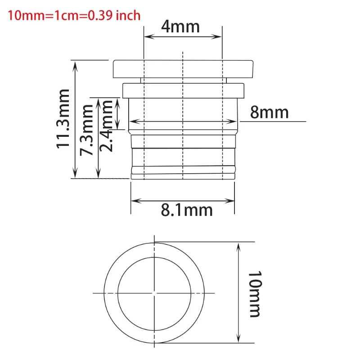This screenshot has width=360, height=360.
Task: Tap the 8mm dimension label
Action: click(x=269, y=112)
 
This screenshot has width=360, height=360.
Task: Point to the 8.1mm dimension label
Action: click(x=186, y=210)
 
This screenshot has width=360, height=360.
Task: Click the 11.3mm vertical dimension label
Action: click(x=63, y=118)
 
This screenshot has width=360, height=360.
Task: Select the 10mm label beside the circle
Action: click(x=254, y=294)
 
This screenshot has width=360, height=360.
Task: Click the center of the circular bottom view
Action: click(x=154, y=293)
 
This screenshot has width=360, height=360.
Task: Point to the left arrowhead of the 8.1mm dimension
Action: click(x=134, y=200)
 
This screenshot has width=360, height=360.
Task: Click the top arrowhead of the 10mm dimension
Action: click(x=238, y=245)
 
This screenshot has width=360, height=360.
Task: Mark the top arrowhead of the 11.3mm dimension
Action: click(x=76, y=64)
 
